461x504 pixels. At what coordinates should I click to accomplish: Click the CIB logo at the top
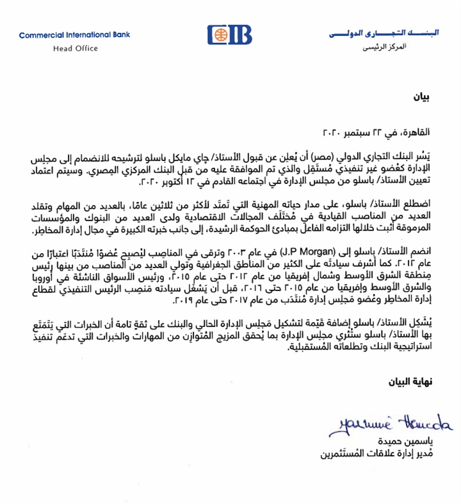pos(230,35)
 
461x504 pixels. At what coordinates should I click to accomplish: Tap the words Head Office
pos(76,48)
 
